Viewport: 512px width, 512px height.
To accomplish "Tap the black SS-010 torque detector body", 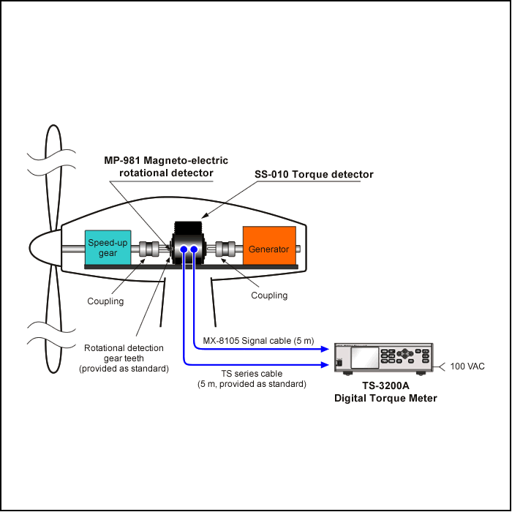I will click(x=189, y=233).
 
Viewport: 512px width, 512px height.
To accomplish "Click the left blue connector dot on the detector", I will click(x=184, y=250).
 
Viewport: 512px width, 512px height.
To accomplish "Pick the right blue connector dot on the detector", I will click(x=195, y=250).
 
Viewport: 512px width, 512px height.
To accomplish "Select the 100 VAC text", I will click(x=467, y=366).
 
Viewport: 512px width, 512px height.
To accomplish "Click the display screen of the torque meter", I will click(x=365, y=358).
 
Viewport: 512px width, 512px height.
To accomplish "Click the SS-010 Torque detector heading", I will click(x=314, y=175).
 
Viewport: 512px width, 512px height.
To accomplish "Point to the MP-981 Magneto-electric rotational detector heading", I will click(x=165, y=167).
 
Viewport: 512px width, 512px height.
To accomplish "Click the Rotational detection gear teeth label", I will click(x=124, y=358).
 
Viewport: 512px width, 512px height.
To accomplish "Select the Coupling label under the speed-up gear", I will click(x=105, y=301).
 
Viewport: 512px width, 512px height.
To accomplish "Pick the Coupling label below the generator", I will click(x=269, y=295).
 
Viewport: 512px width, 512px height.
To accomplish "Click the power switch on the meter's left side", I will click(x=339, y=363).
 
